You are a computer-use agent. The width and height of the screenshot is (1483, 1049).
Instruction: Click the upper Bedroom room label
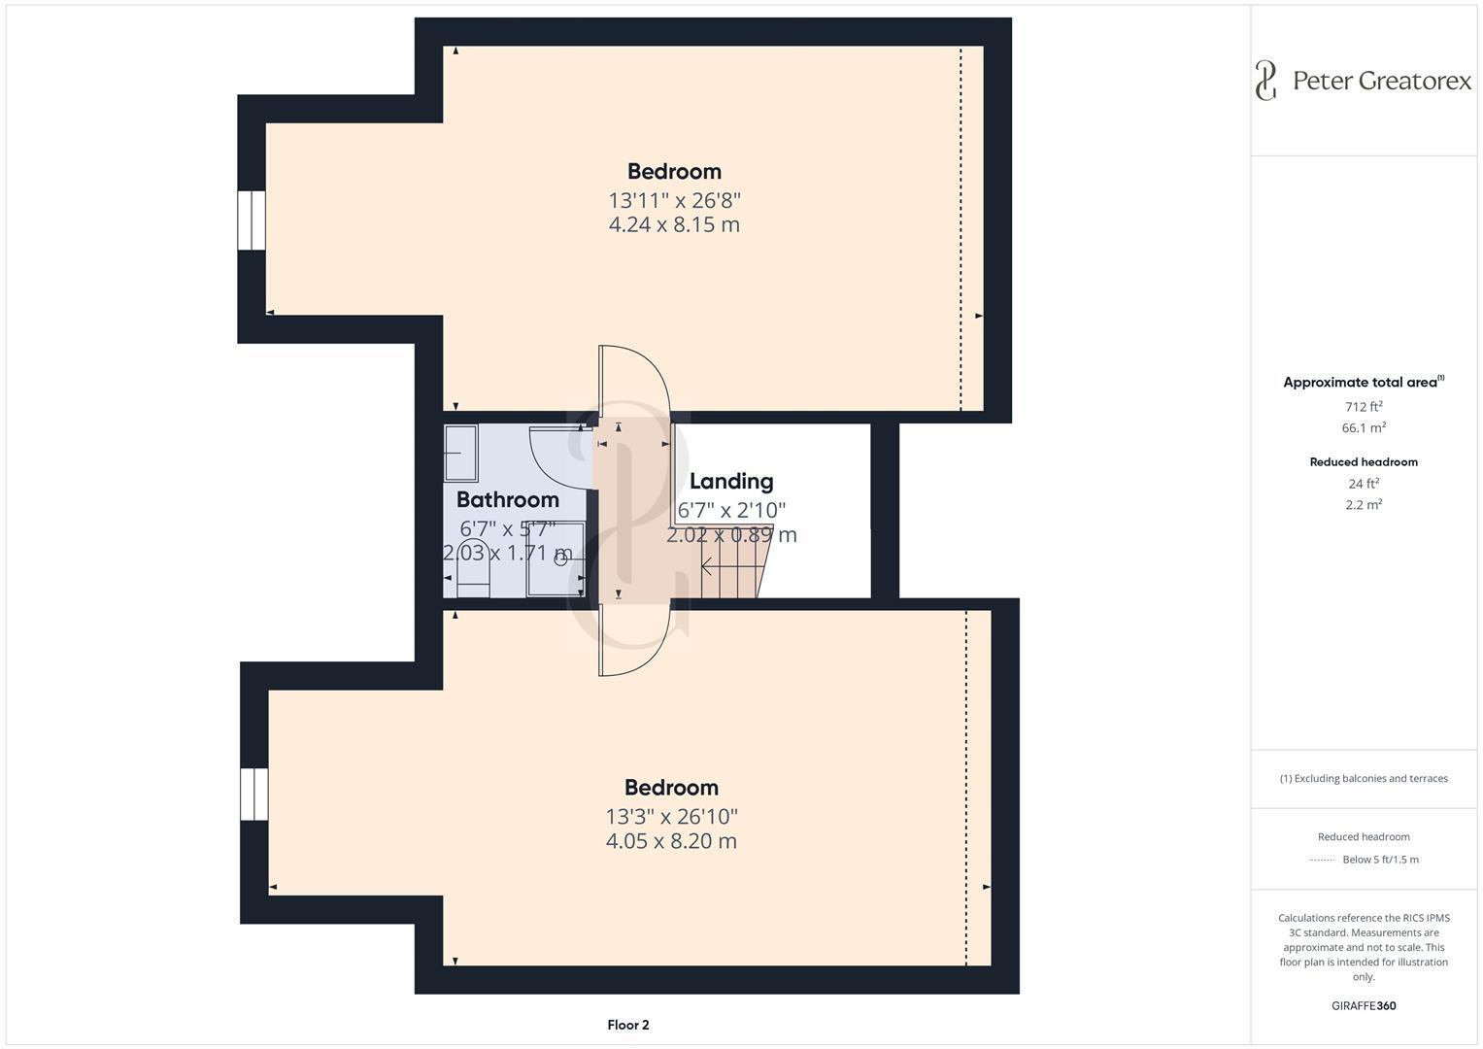(674, 172)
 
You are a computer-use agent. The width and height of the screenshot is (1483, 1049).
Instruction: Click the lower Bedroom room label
(671, 788)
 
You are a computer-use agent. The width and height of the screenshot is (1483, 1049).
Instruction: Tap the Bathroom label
(507, 500)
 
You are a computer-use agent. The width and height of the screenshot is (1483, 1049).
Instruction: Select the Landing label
(731, 482)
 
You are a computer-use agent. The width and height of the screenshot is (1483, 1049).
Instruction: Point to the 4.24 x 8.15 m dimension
(674, 225)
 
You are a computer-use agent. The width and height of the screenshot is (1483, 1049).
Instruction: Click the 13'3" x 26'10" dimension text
(671, 817)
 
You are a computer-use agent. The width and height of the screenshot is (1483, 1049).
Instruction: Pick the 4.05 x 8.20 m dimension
(671, 841)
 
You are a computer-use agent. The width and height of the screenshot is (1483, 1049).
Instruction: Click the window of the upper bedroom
(252, 220)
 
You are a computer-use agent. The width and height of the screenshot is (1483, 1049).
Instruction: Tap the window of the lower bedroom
(254, 795)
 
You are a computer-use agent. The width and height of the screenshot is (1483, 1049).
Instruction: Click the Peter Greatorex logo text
(1381, 81)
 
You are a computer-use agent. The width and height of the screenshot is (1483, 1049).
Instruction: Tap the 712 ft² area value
(1364, 407)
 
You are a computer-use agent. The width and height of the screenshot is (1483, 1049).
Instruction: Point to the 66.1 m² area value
(1364, 428)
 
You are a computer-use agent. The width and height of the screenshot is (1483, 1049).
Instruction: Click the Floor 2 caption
(627, 1025)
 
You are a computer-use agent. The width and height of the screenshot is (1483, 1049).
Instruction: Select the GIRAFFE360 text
(1364, 1006)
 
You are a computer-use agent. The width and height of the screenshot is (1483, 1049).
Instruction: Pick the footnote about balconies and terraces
(1364, 779)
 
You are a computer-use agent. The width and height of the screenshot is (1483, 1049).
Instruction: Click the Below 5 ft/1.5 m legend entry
(1379, 860)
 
